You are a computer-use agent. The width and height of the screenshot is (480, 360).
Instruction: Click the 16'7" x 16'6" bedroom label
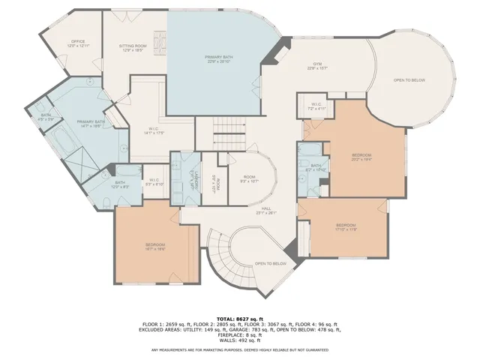(155, 247)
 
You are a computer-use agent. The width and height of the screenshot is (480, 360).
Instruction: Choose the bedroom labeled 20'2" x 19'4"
(361, 157)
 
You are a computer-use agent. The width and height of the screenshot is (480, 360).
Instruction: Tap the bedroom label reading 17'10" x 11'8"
(345, 226)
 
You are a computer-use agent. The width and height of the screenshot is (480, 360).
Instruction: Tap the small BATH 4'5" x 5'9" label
(46, 117)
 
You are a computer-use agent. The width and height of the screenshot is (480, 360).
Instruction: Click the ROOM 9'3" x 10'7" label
(248, 178)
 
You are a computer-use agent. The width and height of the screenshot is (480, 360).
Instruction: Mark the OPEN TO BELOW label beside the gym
(409, 80)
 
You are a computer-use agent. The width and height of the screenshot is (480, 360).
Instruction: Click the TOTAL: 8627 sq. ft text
(239, 318)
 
